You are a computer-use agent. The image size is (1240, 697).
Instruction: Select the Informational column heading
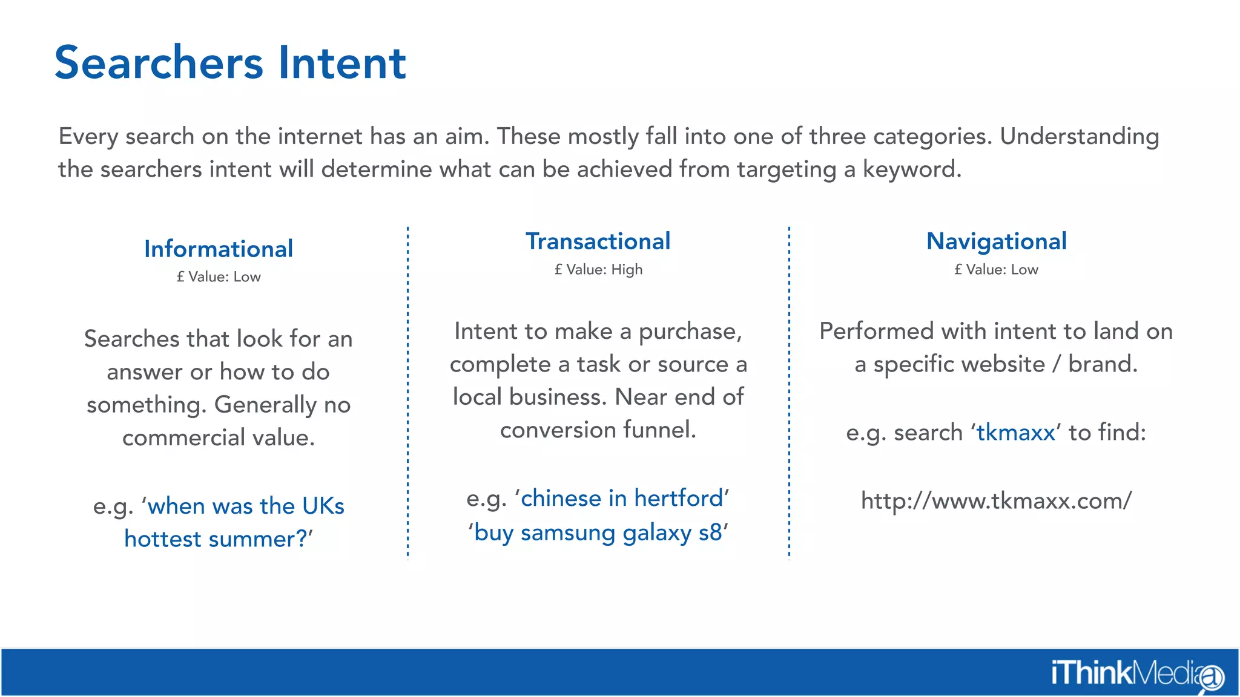[219, 249]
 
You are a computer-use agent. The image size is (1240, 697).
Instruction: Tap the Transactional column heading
[598, 241]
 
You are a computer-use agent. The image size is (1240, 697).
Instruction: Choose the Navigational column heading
[996, 241]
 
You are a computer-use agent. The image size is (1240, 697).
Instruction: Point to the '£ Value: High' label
[598, 270]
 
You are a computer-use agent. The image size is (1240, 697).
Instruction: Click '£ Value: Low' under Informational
[219, 277]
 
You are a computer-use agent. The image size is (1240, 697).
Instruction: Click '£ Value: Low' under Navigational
[996, 270]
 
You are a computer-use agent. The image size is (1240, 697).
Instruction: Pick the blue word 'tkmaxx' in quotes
[1015, 433]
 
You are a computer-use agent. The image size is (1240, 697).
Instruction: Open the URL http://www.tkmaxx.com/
[996, 501]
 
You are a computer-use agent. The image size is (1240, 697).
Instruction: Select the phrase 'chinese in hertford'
[622, 499]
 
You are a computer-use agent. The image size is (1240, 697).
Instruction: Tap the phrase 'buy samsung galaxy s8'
[598, 533]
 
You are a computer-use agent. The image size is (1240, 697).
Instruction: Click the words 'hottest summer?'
[216, 539]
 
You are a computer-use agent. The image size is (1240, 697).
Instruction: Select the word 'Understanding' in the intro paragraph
[1079, 137]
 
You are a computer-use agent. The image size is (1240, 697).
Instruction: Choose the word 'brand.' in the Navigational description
[1103, 364]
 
